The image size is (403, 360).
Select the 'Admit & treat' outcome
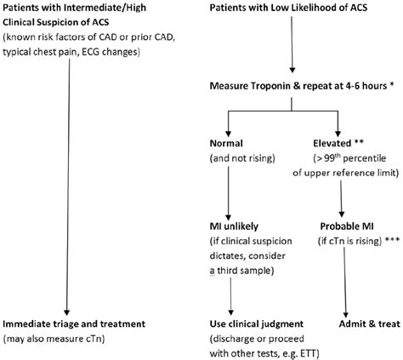(356, 324)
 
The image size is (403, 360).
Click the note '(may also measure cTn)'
(59, 339)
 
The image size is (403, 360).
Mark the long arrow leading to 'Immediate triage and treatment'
(66, 187)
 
